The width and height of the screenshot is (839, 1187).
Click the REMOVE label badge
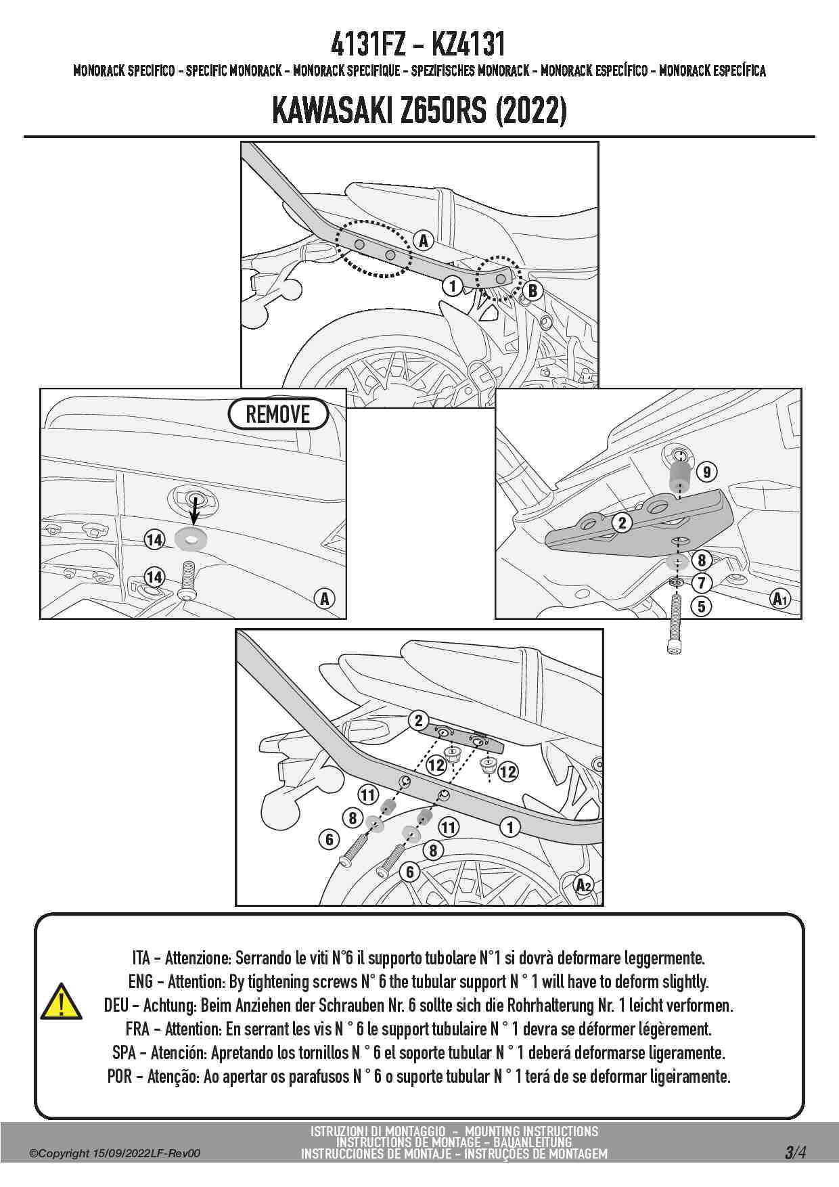[278, 414]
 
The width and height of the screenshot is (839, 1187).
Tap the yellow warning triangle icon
[61, 1002]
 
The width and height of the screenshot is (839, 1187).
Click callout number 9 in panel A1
[706, 472]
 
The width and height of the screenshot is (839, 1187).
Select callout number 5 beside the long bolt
[702, 606]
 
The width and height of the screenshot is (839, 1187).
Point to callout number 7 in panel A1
[702, 582]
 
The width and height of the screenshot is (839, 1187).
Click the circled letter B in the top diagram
[532, 290]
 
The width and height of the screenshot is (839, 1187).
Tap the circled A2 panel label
[584, 884]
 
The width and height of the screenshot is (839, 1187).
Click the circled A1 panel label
[780, 598]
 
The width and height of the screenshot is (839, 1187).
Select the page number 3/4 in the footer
[795, 1152]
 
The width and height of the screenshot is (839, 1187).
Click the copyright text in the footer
[114, 1153]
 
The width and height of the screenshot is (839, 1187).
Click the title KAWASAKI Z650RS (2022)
[419, 110]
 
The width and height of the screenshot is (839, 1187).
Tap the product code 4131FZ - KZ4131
[418, 45]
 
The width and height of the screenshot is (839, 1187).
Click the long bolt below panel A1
[674, 623]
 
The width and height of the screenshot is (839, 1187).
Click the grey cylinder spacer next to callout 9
[679, 478]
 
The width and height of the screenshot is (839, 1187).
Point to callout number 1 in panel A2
[510, 826]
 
